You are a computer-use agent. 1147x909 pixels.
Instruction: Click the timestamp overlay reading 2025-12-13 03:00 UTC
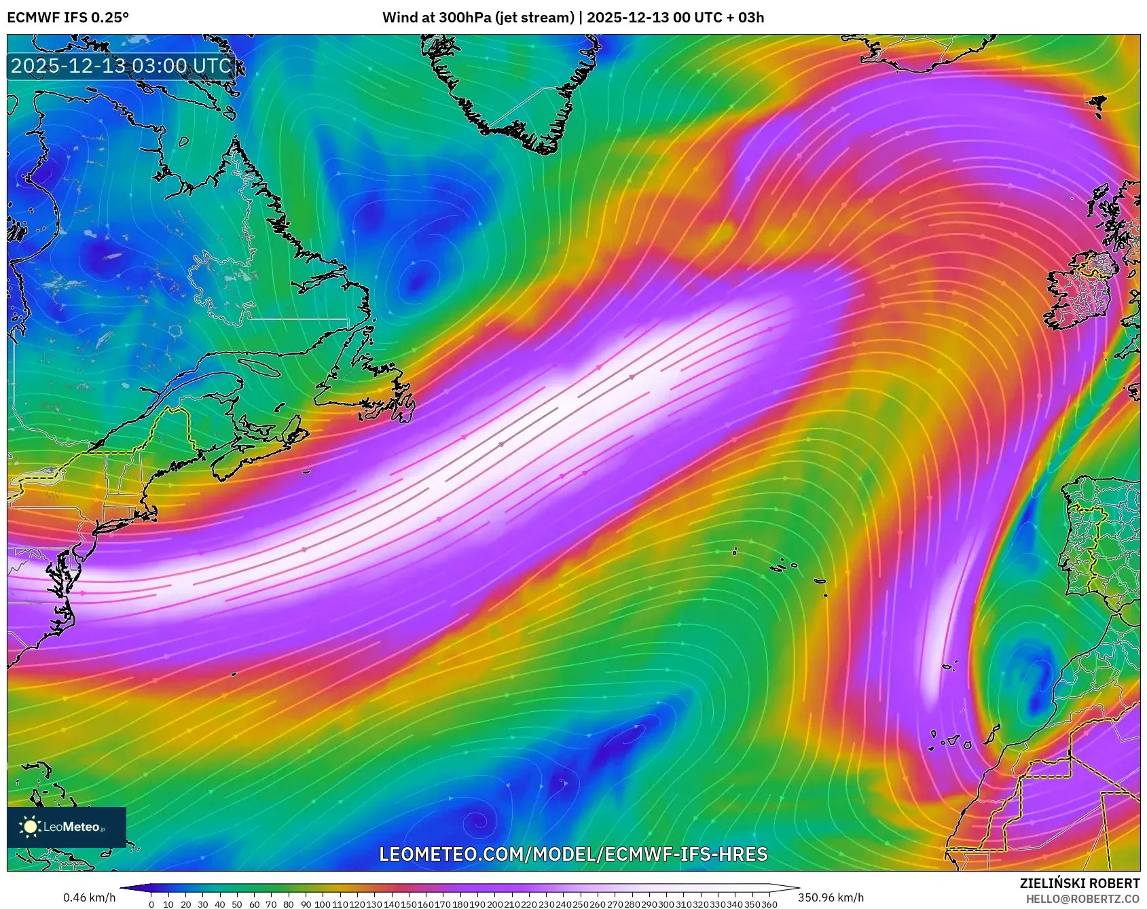[122, 66]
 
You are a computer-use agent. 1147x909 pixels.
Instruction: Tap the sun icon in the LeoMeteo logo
[31, 826]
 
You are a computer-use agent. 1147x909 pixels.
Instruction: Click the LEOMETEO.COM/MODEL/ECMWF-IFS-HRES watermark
[573, 854]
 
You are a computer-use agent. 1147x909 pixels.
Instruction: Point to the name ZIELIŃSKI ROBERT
[1080, 883]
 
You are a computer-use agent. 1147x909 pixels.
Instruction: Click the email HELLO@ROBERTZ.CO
[1082, 899]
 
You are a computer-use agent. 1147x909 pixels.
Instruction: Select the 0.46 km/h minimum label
[89, 897]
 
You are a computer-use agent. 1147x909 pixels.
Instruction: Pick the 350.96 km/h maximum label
[831, 897]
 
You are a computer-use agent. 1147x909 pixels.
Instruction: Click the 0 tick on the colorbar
[151, 904]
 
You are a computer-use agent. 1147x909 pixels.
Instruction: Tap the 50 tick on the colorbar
[237, 904]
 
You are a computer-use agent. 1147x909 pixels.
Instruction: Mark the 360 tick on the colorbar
[769, 904]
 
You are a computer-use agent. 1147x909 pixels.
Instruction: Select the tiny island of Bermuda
[233, 673]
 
